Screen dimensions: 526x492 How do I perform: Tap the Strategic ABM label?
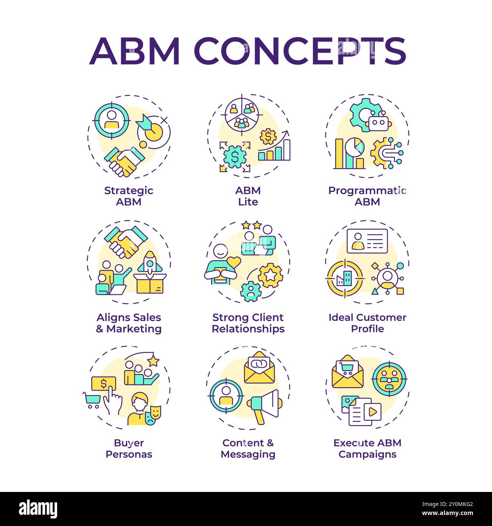[129, 196]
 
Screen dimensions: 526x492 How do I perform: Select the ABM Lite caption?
[248, 196]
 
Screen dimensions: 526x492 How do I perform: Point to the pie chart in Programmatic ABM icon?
[355, 148]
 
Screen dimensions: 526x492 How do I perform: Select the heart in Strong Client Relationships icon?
[234, 262]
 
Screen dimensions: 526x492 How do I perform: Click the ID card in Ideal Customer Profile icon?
[367, 241]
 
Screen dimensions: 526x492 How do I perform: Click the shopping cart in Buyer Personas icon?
[92, 400]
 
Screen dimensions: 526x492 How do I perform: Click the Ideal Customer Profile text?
[367, 323]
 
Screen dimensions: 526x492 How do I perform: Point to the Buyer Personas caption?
[129, 448]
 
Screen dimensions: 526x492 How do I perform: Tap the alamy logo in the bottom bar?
[38, 509]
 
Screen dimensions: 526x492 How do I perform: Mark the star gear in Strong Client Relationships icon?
[270, 275]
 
